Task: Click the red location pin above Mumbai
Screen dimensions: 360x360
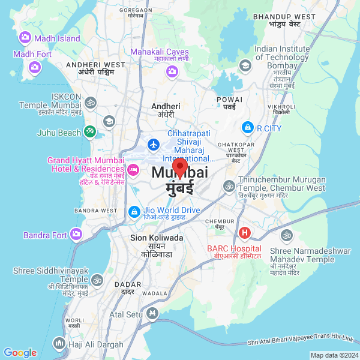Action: tap(180, 167)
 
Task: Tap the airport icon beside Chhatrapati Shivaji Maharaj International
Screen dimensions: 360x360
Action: tap(154, 145)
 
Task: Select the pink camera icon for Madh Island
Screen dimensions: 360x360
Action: tap(25, 38)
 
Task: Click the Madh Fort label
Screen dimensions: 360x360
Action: tap(32, 54)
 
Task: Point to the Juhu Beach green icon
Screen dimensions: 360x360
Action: tap(89, 130)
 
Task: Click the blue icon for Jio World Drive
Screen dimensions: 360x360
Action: tap(134, 211)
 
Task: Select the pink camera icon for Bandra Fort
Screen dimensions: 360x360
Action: tap(76, 234)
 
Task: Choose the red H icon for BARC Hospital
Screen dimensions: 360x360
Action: tap(245, 233)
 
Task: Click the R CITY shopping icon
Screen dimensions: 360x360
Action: tap(247, 127)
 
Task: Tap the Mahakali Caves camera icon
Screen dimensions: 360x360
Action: tap(172, 71)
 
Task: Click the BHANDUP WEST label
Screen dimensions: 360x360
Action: tap(284, 17)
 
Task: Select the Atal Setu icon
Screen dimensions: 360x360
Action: tap(152, 313)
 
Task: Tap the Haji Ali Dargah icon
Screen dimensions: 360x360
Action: tap(59, 343)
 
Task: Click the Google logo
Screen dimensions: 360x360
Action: tap(20, 353)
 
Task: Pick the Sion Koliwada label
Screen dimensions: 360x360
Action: tap(157, 238)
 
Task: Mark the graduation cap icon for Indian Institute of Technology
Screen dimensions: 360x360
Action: tap(245, 65)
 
